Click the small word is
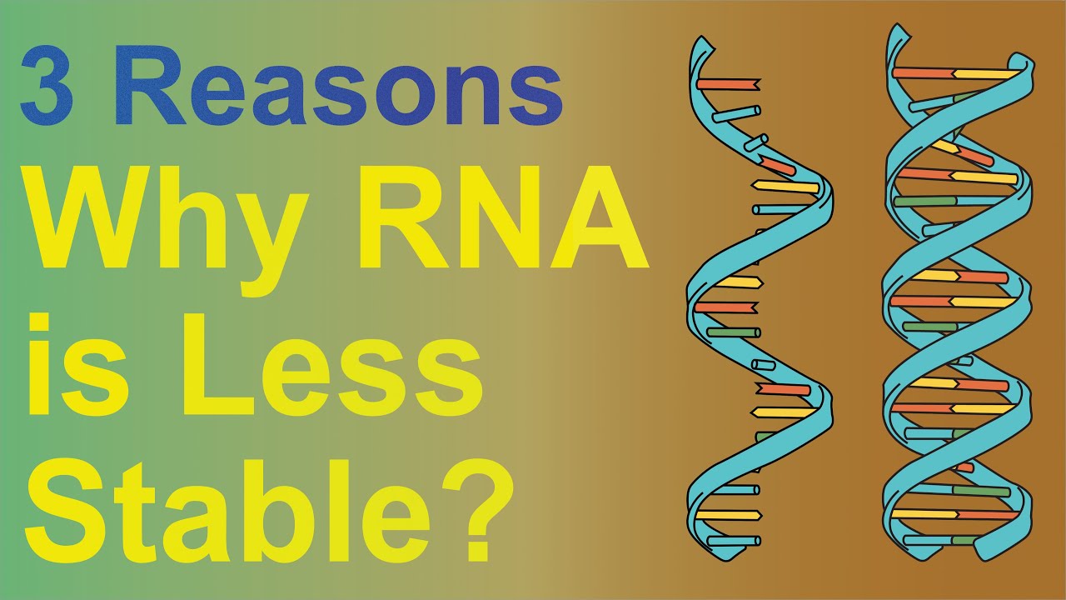coord(80,365)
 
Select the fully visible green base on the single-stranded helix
coord(734,332)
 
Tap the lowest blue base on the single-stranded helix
coord(734,541)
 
